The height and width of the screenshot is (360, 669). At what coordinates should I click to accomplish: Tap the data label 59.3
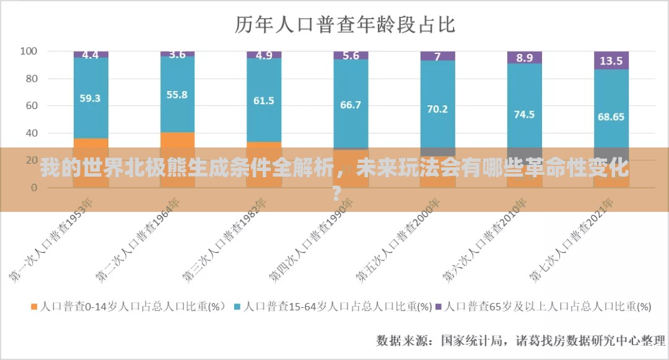point(90,98)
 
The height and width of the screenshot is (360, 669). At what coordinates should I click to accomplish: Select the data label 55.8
point(177,95)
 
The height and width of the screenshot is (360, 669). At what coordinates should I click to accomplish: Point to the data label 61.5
point(264,100)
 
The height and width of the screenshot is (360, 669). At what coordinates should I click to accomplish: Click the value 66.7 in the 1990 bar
point(351,105)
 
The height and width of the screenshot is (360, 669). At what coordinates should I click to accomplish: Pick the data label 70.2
point(437,108)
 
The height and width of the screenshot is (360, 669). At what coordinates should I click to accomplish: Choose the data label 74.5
point(524,114)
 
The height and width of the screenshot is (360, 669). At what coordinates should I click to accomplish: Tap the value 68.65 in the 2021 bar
point(611,116)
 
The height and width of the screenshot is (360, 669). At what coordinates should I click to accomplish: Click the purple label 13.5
point(611,61)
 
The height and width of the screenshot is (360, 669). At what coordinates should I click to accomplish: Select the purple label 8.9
point(524,58)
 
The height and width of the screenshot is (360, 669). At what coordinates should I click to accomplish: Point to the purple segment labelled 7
point(437,56)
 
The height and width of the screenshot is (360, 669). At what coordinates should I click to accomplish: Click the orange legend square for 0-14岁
point(33,306)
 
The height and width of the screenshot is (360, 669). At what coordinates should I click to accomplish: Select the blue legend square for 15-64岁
point(238,306)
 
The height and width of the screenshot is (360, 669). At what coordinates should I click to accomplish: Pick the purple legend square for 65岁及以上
point(439,306)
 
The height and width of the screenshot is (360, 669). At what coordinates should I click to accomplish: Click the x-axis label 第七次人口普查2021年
point(573,239)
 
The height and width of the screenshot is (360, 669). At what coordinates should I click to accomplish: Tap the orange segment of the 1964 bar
point(177,140)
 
